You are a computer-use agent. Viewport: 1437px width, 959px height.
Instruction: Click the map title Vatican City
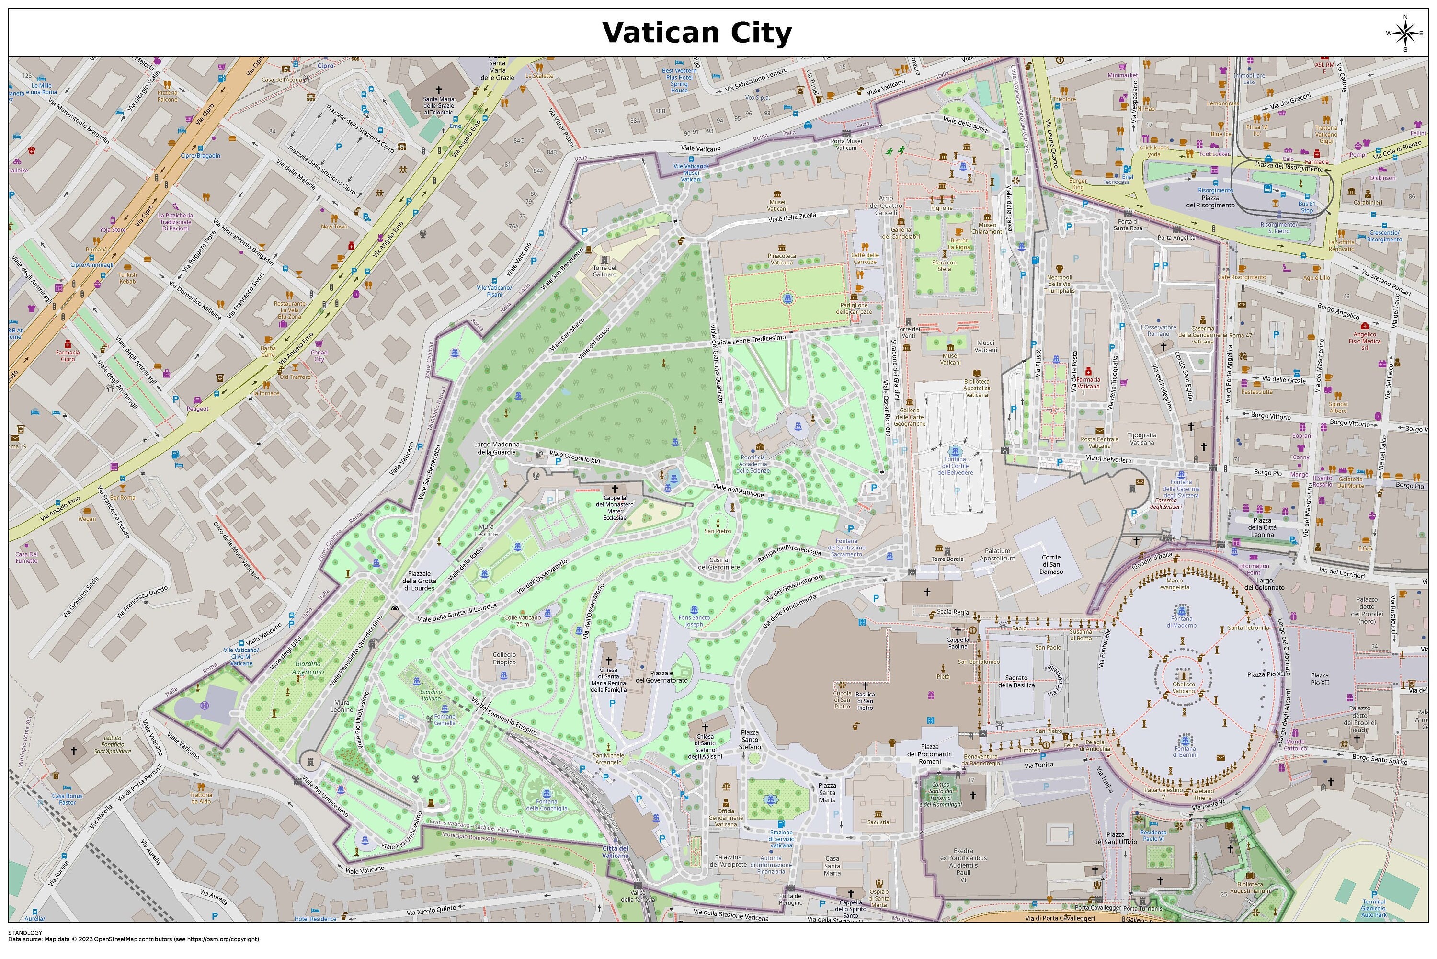[x=696, y=33]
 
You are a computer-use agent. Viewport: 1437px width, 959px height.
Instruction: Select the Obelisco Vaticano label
[x=1183, y=687]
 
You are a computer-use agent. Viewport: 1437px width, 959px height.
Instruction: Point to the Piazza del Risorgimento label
[x=1210, y=201]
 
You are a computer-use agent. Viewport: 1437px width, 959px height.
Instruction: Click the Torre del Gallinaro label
[x=604, y=271]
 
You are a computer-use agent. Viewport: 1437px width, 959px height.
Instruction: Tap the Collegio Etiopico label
[x=504, y=658]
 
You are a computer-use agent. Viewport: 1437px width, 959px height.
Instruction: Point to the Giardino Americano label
[x=308, y=667]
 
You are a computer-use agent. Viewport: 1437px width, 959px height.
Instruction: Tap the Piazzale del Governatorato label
[x=661, y=676]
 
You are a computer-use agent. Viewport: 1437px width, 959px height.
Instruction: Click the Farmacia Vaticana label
[x=1088, y=383]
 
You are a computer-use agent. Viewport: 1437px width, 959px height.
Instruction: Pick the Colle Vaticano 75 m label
[x=522, y=621]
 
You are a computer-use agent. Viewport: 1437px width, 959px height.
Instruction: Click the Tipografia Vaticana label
[x=1141, y=438]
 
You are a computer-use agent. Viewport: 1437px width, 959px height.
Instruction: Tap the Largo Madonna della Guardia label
[x=497, y=448]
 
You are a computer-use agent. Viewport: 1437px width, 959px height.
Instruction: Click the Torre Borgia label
[x=947, y=559]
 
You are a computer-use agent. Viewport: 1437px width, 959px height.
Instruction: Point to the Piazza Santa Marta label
[x=827, y=793]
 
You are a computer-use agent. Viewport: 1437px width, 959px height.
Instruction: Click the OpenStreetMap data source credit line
[x=133, y=939]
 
